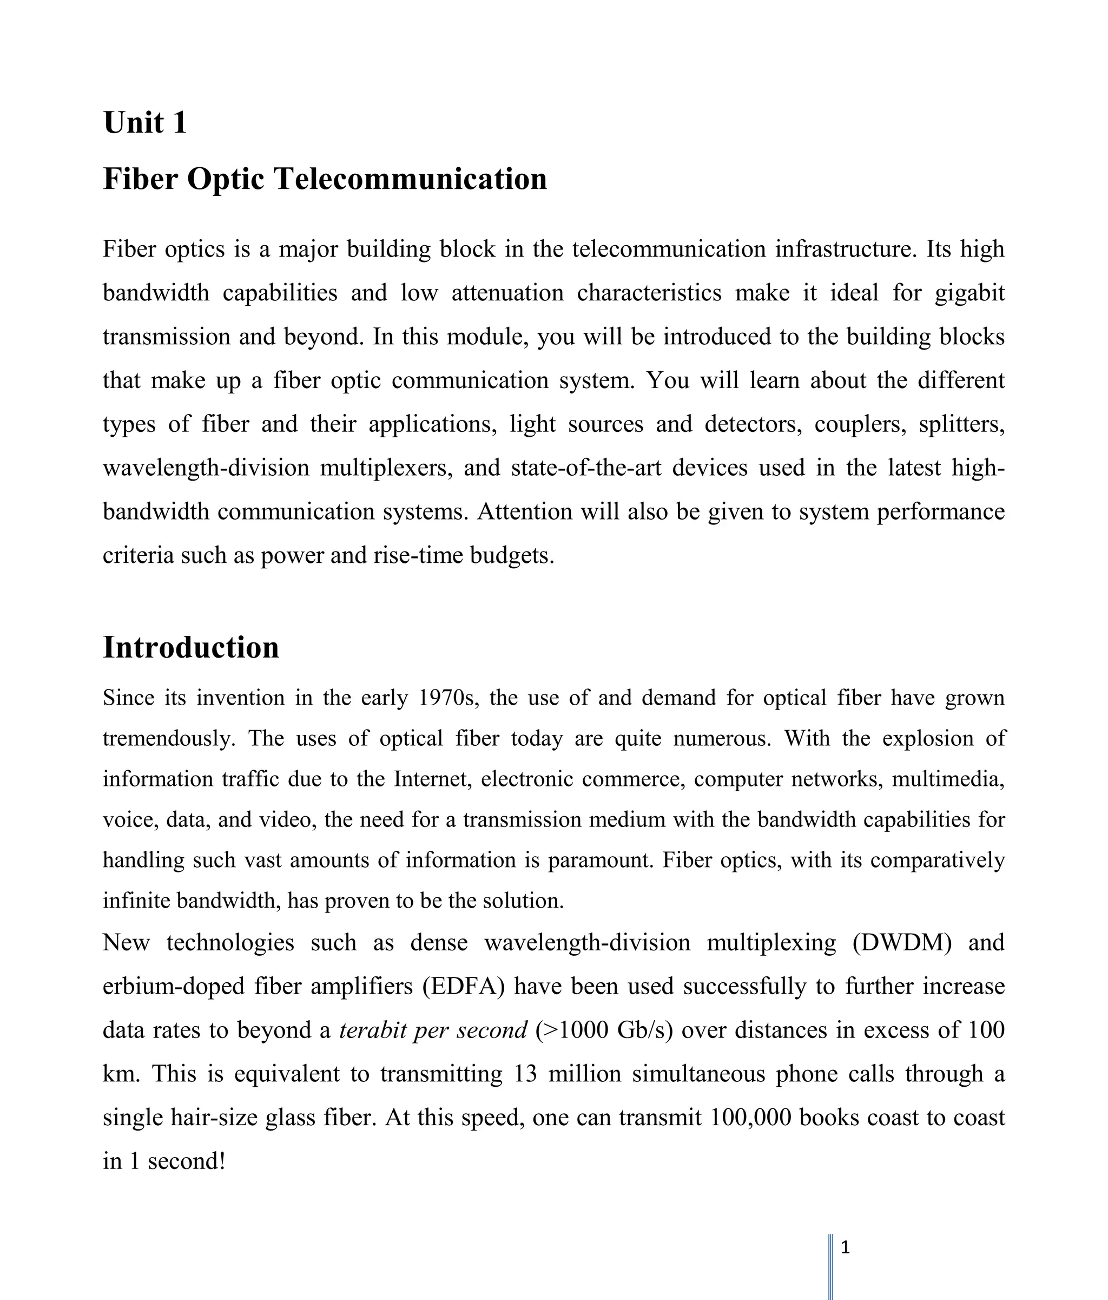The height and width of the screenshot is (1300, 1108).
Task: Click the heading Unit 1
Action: coord(145,122)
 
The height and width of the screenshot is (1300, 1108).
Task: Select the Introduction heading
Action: coord(190,647)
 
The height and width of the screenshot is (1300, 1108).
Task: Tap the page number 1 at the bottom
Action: coord(845,1248)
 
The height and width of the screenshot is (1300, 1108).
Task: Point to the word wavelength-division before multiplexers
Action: coord(206,468)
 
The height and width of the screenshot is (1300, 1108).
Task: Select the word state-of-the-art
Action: coord(586,468)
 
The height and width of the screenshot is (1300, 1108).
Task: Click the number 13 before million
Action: coord(525,1074)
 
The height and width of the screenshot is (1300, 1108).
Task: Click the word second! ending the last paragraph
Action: coord(186,1161)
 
